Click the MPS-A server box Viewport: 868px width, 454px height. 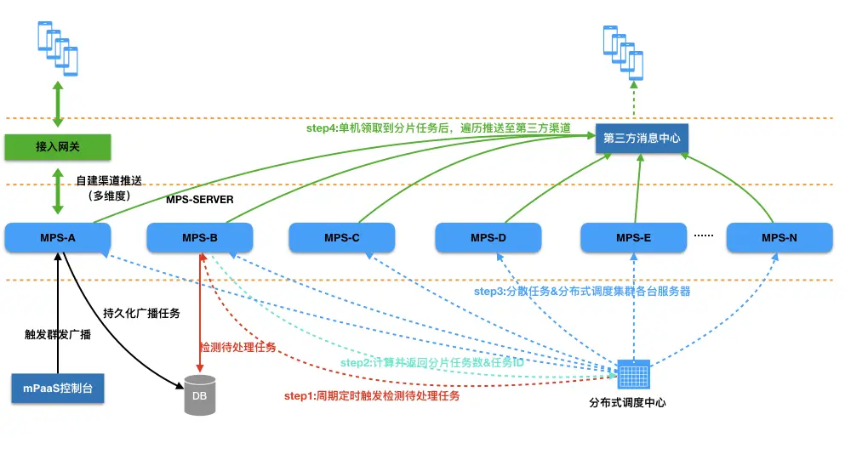tap(58, 238)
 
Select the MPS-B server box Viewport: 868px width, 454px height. tap(199, 238)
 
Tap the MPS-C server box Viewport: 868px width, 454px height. tap(341, 238)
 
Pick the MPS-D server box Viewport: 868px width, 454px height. tap(488, 238)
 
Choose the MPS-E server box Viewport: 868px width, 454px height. tap(633, 238)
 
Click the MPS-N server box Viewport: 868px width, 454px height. tap(779, 238)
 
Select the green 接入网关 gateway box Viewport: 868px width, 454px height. tap(58, 146)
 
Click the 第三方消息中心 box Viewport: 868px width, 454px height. tap(642, 138)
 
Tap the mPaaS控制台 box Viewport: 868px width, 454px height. tap(58, 387)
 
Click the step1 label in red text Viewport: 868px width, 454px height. tap(371, 396)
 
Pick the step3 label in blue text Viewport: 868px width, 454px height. tap(581, 291)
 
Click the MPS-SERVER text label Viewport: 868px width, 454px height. tap(199, 201)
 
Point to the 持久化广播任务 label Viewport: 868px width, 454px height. tap(141, 313)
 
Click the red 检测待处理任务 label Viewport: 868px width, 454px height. tap(237, 347)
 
